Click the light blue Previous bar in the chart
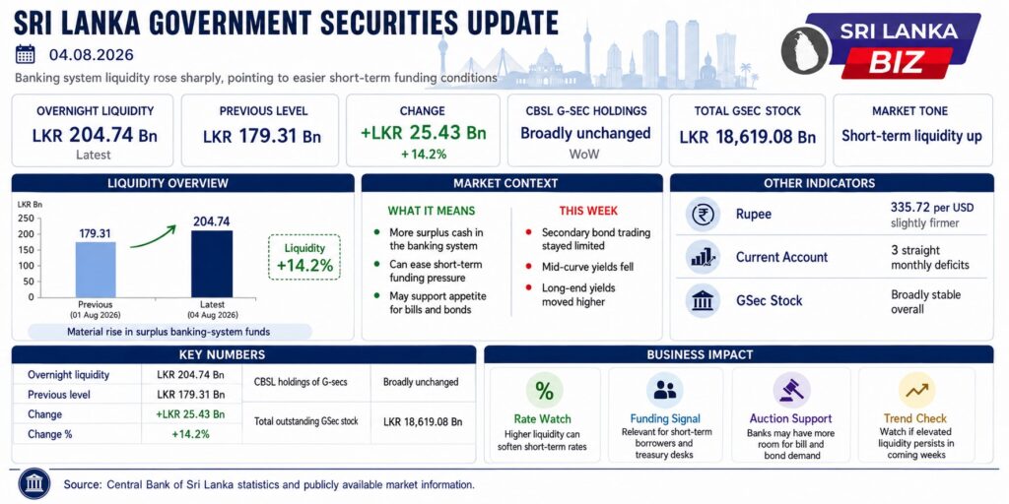point(96,270)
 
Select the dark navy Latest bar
point(212,264)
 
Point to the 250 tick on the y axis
point(27,218)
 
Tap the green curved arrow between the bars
point(153,236)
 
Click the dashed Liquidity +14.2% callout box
point(304,257)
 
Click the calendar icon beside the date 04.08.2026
point(25,54)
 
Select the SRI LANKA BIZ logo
point(881,47)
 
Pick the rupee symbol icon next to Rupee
point(702,215)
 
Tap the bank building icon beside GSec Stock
point(702,300)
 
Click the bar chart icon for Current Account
point(702,257)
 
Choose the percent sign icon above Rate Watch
point(544,390)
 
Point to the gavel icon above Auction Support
point(791,390)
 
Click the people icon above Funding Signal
point(665,390)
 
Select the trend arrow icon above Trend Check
point(917,390)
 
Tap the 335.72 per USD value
point(932,208)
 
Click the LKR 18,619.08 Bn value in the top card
point(748,138)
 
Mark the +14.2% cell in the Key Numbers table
point(190,434)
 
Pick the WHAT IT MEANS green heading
point(432,211)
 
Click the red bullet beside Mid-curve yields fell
point(529,266)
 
